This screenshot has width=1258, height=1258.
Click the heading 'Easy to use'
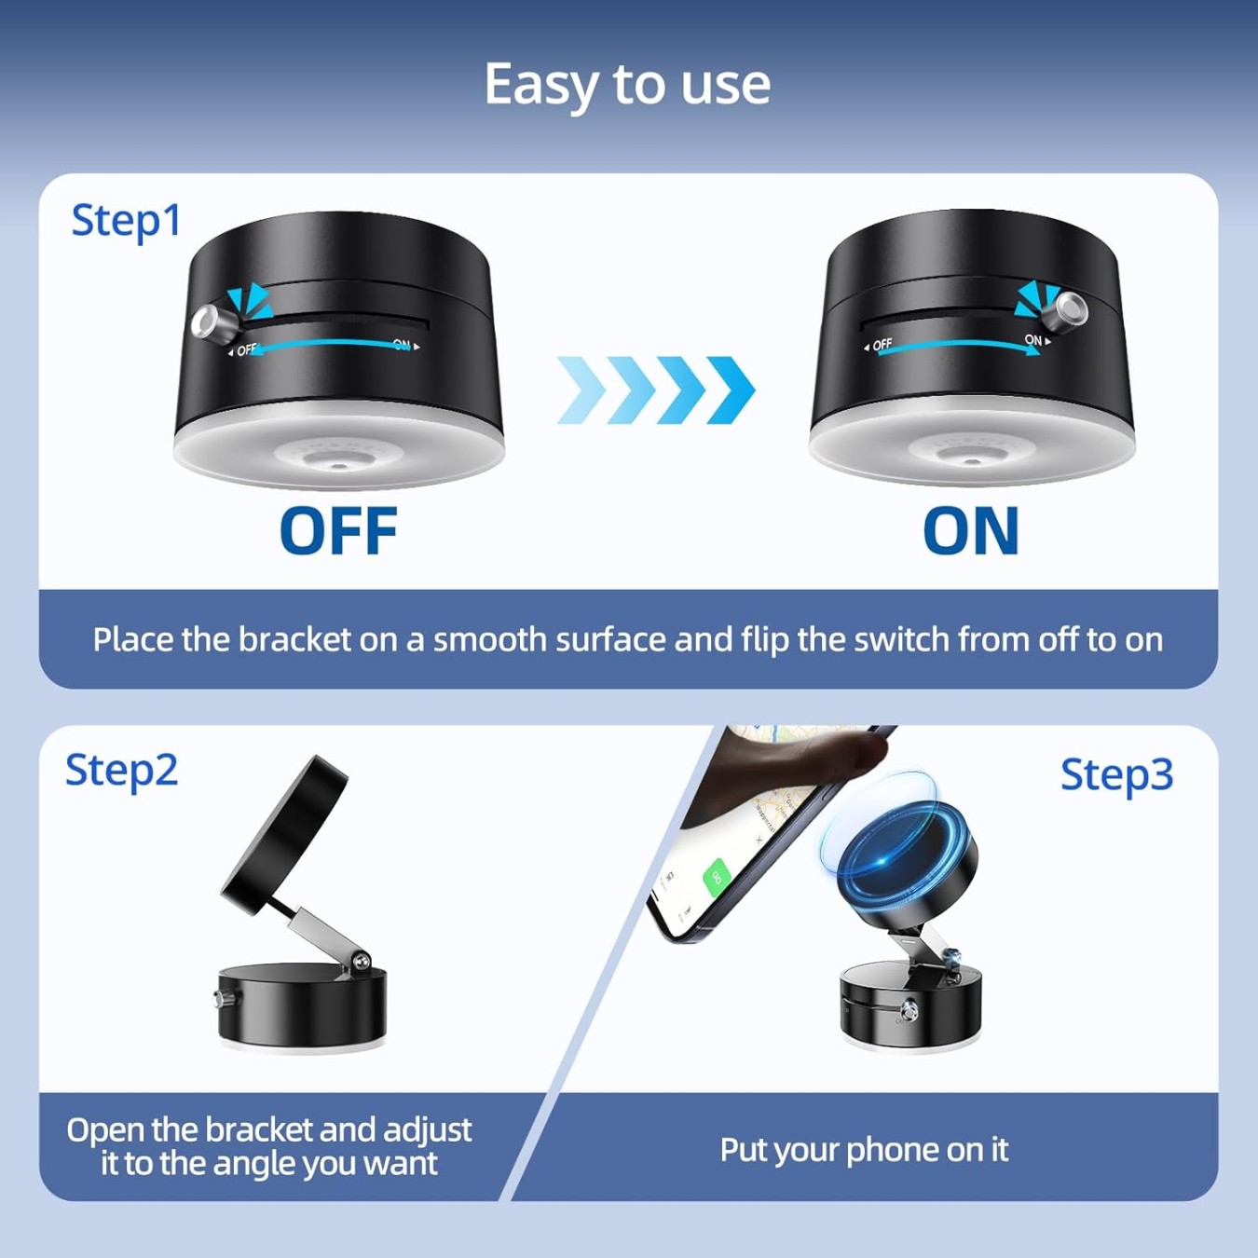coord(627,85)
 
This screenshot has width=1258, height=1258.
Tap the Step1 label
coord(126,222)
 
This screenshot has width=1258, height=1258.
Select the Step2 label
coord(121,771)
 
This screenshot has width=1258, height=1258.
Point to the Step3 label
coord(1116,775)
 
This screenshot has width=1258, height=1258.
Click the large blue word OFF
coord(338,531)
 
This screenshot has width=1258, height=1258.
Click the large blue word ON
coord(971,531)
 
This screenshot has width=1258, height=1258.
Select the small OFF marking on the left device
coord(246,350)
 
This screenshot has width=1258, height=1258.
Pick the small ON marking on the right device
coord(1033,340)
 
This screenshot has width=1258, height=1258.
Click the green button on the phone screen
coord(716,877)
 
